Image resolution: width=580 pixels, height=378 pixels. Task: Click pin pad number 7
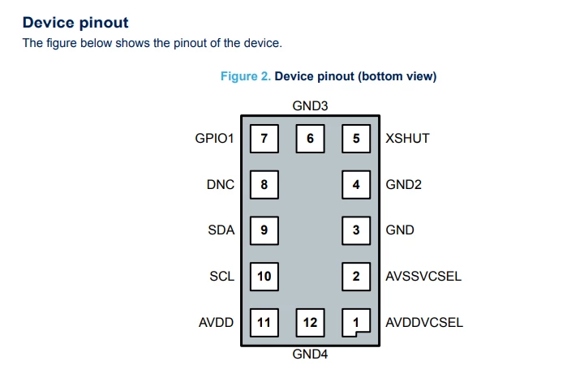(x=264, y=139)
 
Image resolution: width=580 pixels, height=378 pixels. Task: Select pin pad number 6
(x=310, y=139)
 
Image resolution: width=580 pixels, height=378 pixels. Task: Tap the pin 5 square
(x=356, y=139)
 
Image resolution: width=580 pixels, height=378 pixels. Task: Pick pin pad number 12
(x=310, y=323)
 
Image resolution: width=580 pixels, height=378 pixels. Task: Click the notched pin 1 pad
(x=356, y=323)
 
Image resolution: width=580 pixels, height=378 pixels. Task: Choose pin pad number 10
(x=264, y=277)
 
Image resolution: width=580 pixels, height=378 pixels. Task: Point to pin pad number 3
(x=356, y=230)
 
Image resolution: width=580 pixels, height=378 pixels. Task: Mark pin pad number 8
(x=264, y=185)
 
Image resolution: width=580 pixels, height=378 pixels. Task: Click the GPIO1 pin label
(x=214, y=139)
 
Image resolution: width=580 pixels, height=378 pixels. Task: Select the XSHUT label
(x=407, y=139)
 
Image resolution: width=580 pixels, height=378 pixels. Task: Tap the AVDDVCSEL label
(x=424, y=323)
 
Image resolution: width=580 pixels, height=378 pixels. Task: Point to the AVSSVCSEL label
(x=423, y=277)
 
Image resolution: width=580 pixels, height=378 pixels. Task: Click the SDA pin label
(x=221, y=230)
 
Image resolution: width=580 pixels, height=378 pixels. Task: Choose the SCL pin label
(x=222, y=277)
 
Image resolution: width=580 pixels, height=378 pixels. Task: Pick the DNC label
(x=221, y=185)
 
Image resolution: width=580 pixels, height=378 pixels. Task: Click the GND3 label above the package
(x=310, y=105)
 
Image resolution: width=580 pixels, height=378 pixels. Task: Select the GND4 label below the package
(x=310, y=354)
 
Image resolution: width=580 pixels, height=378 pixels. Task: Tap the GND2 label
(x=403, y=185)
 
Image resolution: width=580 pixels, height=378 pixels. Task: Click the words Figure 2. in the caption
(x=246, y=76)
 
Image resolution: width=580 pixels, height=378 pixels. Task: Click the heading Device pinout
(x=75, y=23)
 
